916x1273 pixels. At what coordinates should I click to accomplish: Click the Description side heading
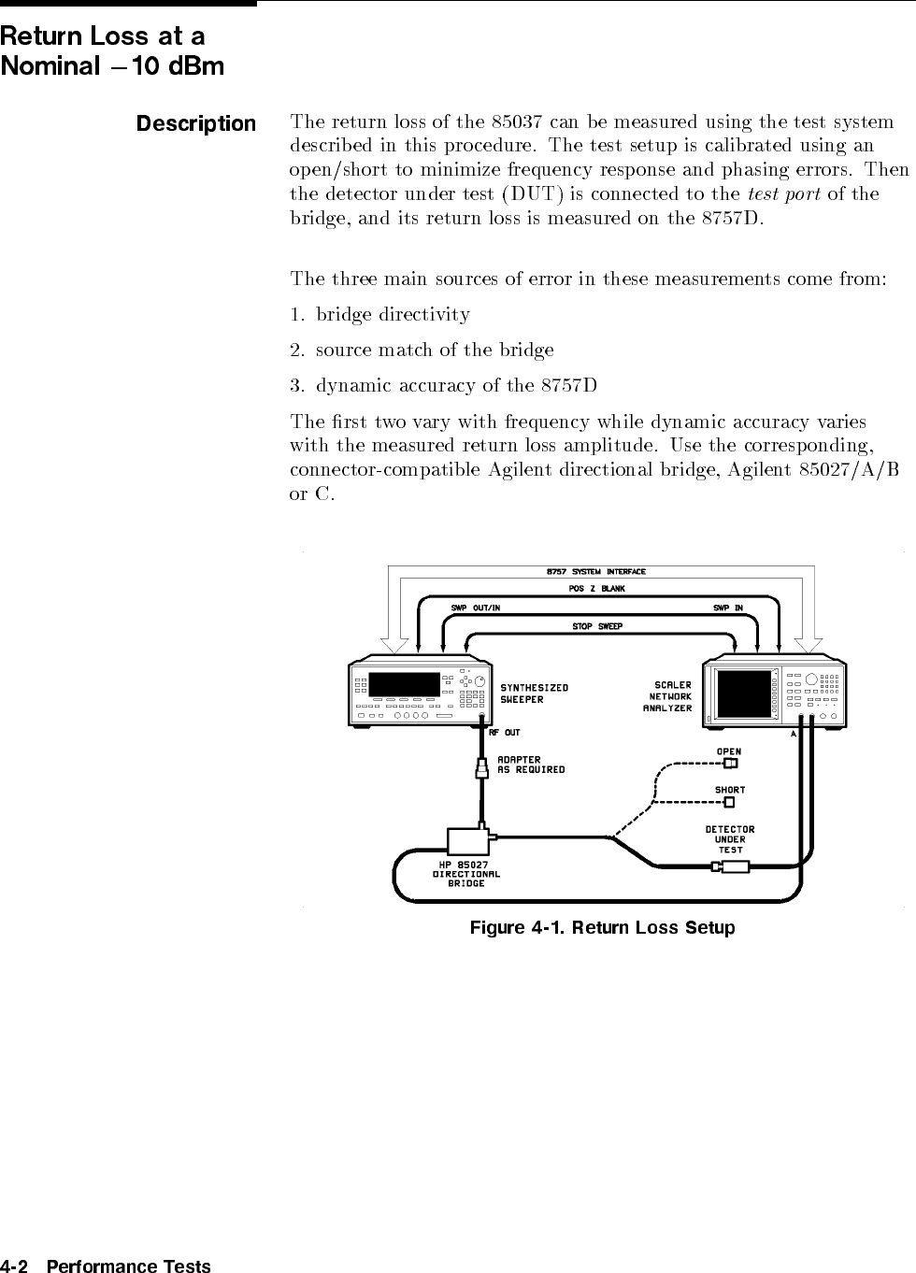(x=196, y=123)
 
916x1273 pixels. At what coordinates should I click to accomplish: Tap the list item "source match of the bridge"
(x=434, y=350)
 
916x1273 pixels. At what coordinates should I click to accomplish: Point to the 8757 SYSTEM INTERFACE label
(x=595, y=571)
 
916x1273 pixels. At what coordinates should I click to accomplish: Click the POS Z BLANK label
(x=596, y=589)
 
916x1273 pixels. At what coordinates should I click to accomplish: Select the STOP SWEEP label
(x=597, y=625)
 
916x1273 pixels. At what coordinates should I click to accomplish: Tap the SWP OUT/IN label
(x=476, y=608)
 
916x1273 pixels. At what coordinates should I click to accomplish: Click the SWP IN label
(x=728, y=608)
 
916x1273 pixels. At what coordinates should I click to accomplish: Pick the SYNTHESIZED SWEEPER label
(x=534, y=694)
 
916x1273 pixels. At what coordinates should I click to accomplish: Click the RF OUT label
(x=505, y=733)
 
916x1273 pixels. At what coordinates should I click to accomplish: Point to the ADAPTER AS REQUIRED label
(x=531, y=765)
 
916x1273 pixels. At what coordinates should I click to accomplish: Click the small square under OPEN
(x=730, y=763)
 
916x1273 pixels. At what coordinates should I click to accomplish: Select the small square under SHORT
(x=730, y=801)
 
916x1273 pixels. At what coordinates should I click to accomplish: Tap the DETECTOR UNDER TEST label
(x=730, y=839)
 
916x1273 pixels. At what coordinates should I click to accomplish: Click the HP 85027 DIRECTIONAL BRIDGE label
(x=465, y=874)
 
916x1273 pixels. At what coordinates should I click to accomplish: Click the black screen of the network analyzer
(x=744, y=694)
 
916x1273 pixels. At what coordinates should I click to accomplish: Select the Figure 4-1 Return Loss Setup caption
(x=602, y=928)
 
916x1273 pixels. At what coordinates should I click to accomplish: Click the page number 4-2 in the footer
(x=15, y=1266)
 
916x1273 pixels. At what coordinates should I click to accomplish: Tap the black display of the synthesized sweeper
(x=404, y=684)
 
